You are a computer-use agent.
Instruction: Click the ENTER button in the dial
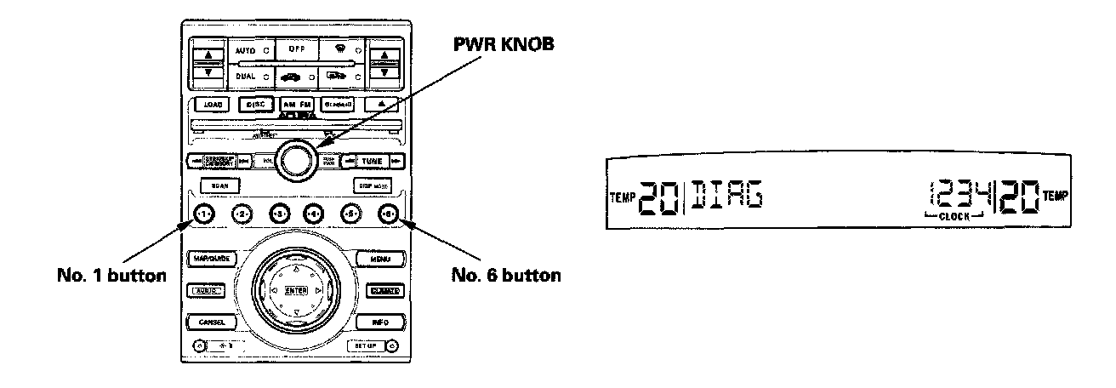pos(295,290)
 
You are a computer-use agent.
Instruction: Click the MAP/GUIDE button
pos(209,259)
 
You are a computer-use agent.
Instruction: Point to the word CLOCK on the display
pos(957,219)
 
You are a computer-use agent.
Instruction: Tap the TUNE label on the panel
pos(373,161)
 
